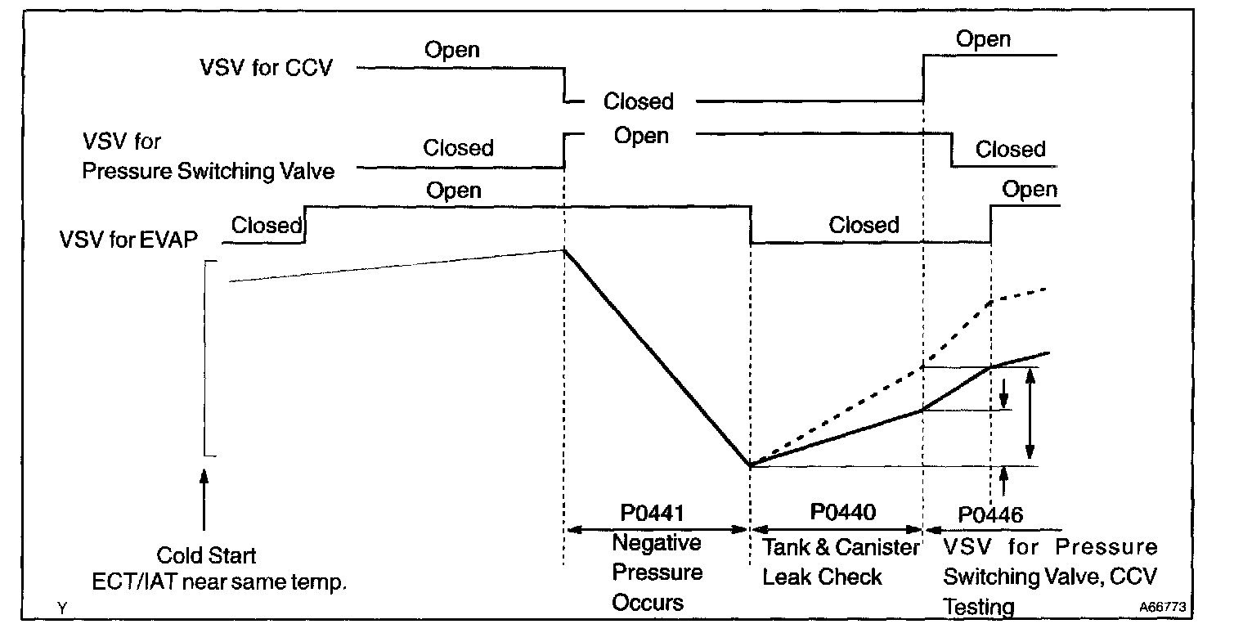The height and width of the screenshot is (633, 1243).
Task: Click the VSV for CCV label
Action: point(267,68)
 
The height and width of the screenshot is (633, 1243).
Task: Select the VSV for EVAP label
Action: point(128,240)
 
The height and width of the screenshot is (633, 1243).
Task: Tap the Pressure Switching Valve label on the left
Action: point(208,171)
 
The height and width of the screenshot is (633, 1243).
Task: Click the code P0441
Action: point(652,513)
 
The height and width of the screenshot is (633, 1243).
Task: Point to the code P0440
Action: point(843,511)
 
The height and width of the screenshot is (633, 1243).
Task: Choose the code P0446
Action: point(990,515)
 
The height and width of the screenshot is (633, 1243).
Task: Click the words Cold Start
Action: point(206,554)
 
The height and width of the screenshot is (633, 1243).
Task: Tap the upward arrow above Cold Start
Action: point(204,500)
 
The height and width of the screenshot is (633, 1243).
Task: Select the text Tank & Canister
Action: point(841,548)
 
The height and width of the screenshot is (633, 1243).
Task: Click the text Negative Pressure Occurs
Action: point(657,572)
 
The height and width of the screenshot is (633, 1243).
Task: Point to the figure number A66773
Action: point(1163,606)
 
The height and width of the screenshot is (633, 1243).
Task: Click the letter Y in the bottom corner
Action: point(62,608)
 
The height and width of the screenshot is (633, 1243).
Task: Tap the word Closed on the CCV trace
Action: point(638,101)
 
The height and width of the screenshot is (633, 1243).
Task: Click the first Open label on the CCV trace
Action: point(452,49)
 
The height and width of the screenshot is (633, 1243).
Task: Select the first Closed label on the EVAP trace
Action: point(267,225)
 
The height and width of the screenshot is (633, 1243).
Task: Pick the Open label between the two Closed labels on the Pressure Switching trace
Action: point(641,136)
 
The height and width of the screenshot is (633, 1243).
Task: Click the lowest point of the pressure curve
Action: point(750,465)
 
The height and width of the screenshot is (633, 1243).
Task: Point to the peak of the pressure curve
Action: point(564,250)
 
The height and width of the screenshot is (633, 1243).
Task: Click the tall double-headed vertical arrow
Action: point(1030,414)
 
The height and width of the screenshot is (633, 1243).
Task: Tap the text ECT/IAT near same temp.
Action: point(219,581)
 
